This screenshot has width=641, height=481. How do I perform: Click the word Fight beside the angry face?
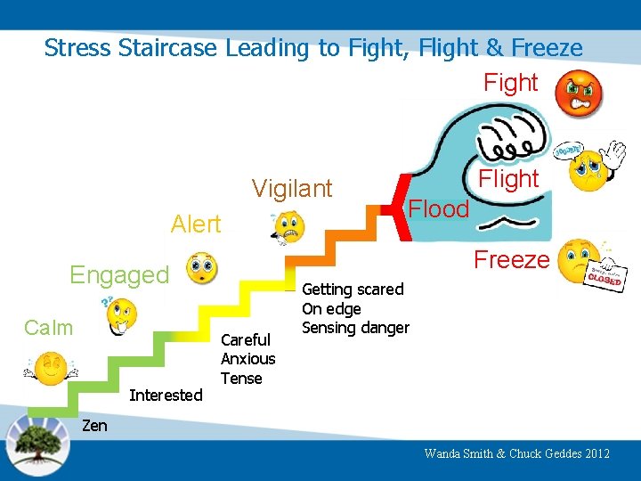pos(510,83)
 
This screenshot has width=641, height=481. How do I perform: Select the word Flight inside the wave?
pos(508,179)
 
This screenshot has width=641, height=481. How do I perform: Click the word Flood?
pos(438,209)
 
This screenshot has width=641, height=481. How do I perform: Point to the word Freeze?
pos(511,260)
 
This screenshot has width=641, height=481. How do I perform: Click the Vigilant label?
pos(292,189)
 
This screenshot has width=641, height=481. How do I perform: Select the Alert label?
pos(196,224)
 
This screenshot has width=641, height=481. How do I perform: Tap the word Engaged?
pos(119,275)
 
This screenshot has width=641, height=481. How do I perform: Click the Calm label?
pos(49,328)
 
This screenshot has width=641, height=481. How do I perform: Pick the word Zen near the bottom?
pos(94,426)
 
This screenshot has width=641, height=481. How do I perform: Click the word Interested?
pos(166,395)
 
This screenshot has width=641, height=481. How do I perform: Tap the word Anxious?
pos(248,359)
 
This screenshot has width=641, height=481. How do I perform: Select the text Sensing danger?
pos(356,328)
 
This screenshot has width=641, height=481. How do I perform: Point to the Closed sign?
pos(604,275)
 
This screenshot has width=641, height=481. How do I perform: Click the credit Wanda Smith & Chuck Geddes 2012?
pos(517,453)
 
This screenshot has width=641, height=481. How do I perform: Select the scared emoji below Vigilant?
pos(288,229)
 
